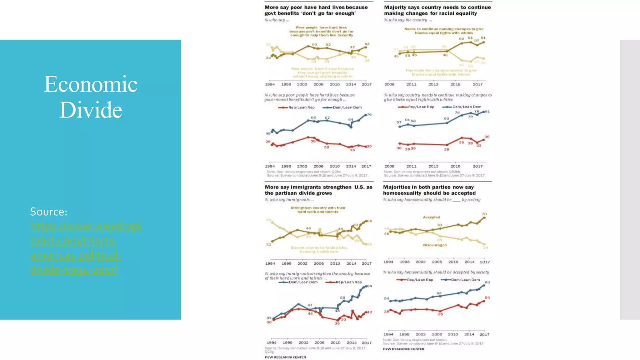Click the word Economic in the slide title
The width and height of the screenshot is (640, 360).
click(91, 84)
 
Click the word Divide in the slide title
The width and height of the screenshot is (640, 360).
click(91, 110)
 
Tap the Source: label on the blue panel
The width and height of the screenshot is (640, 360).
click(48, 212)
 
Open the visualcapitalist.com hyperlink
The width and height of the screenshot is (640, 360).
click(86, 247)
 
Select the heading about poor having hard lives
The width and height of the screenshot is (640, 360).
click(316, 10)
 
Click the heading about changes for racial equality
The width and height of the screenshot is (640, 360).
click(437, 10)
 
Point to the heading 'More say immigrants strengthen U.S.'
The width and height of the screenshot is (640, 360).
click(318, 190)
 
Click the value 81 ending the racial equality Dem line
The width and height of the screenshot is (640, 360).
click(487, 112)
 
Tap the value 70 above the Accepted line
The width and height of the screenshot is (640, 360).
click(484, 214)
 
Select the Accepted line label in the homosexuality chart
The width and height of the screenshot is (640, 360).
click(431, 217)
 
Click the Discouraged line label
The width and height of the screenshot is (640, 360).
click(435, 245)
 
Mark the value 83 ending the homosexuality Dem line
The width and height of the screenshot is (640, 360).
click(487, 282)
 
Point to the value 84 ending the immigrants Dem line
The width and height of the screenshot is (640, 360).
click(370, 286)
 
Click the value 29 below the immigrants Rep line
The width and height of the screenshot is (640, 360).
click(337, 323)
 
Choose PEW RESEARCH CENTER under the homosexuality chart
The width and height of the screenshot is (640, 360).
click(403, 349)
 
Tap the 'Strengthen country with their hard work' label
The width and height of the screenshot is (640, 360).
click(318, 210)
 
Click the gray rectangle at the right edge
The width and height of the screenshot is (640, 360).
click(630, 179)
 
